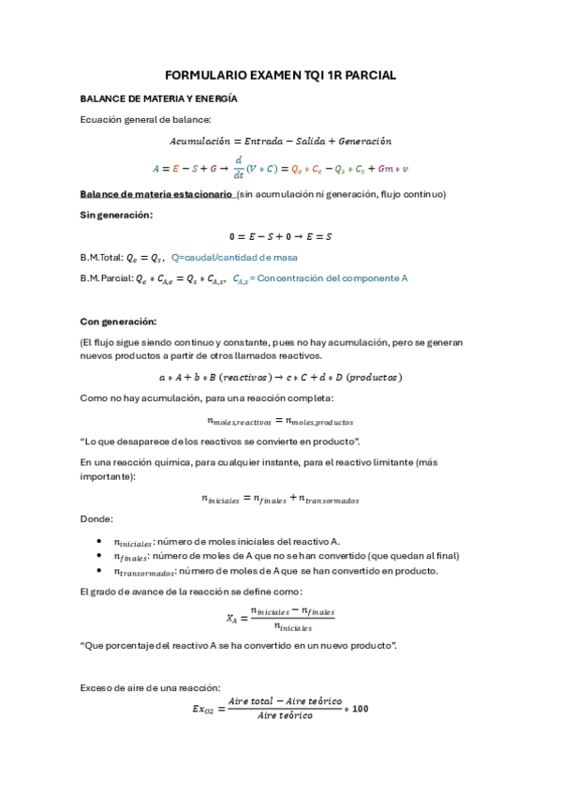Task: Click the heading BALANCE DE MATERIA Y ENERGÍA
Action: (x=157, y=97)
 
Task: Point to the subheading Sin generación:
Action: (x=116, y=215)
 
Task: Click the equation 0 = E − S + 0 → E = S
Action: (x=280, y=236)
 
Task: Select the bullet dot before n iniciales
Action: (x=100, y=542)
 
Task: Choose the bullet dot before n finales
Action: (x=100, y=556)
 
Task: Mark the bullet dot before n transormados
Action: (x=100, y=570)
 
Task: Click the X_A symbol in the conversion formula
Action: (x=232, y=618)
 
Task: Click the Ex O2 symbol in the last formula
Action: (x=204, y=709)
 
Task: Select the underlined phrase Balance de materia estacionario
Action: (x=155, y=194)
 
